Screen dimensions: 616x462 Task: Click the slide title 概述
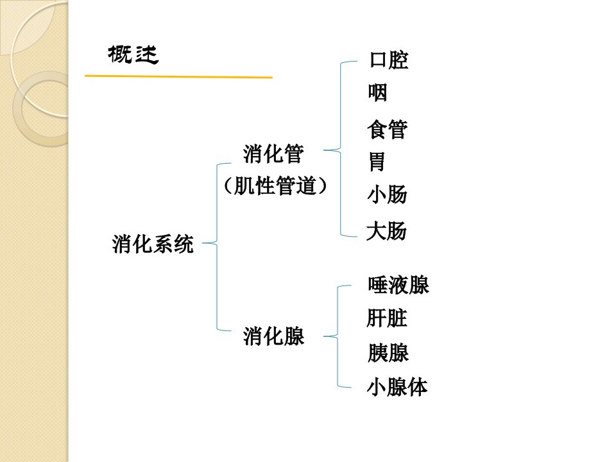point(133,55)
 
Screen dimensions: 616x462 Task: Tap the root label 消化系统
point(153,244)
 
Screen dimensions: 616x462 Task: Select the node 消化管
point(273,153)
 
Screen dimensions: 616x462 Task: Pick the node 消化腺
point(273,336)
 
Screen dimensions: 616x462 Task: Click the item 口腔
point(389,60)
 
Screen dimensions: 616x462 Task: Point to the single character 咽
point(377,92)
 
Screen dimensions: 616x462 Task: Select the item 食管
point(388,129)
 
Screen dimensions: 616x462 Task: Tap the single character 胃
point(377,162)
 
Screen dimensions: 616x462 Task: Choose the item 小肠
point(388,194)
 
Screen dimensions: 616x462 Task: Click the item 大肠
point(386,230)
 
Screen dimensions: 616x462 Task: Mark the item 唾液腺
point(398,285)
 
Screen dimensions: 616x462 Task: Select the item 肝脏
point(387,318)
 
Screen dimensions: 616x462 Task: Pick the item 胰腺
point(388,352)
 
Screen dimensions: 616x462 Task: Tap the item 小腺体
point(397,387)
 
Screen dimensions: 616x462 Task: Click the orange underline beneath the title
point(179,76)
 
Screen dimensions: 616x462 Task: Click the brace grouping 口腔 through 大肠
point(340,150)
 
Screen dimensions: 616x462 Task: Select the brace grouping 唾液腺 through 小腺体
point(338,336)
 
